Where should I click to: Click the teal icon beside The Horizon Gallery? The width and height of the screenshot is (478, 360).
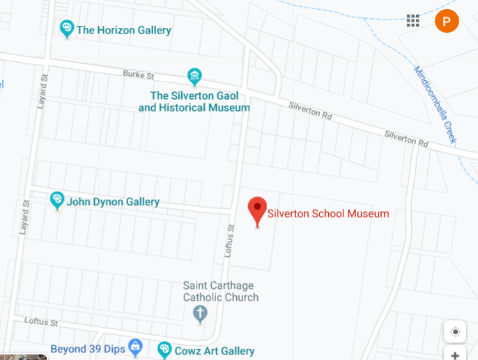[67, 29]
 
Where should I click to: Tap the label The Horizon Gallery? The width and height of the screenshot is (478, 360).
[124, 30]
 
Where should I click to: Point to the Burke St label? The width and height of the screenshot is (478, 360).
[138, 74]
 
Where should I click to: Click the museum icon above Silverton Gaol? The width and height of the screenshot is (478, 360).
[194, 76]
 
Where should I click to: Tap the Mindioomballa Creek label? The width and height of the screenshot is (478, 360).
[435, 104]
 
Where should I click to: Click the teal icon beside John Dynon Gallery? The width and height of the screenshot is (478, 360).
[57, 201]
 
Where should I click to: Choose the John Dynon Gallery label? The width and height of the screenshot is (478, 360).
[113, 202]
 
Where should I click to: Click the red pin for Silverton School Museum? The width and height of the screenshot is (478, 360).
[258, 209]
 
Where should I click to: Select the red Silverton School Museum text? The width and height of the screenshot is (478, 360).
[328, 214]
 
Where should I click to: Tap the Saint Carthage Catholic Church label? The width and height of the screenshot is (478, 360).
[220, 291]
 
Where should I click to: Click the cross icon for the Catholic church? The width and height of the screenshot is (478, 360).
[200, 314]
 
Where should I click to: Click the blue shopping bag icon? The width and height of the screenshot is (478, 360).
[135, 347]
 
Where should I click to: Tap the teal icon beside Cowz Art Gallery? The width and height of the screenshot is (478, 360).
[164, 349]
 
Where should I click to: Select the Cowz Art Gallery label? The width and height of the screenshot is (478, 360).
[214, 351]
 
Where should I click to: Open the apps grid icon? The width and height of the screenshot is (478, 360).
[413, 21]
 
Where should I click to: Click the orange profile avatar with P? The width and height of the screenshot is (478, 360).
[447, 21]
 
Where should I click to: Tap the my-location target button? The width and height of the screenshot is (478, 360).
[455, 332]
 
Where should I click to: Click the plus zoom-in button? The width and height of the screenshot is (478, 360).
[455, 355]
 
